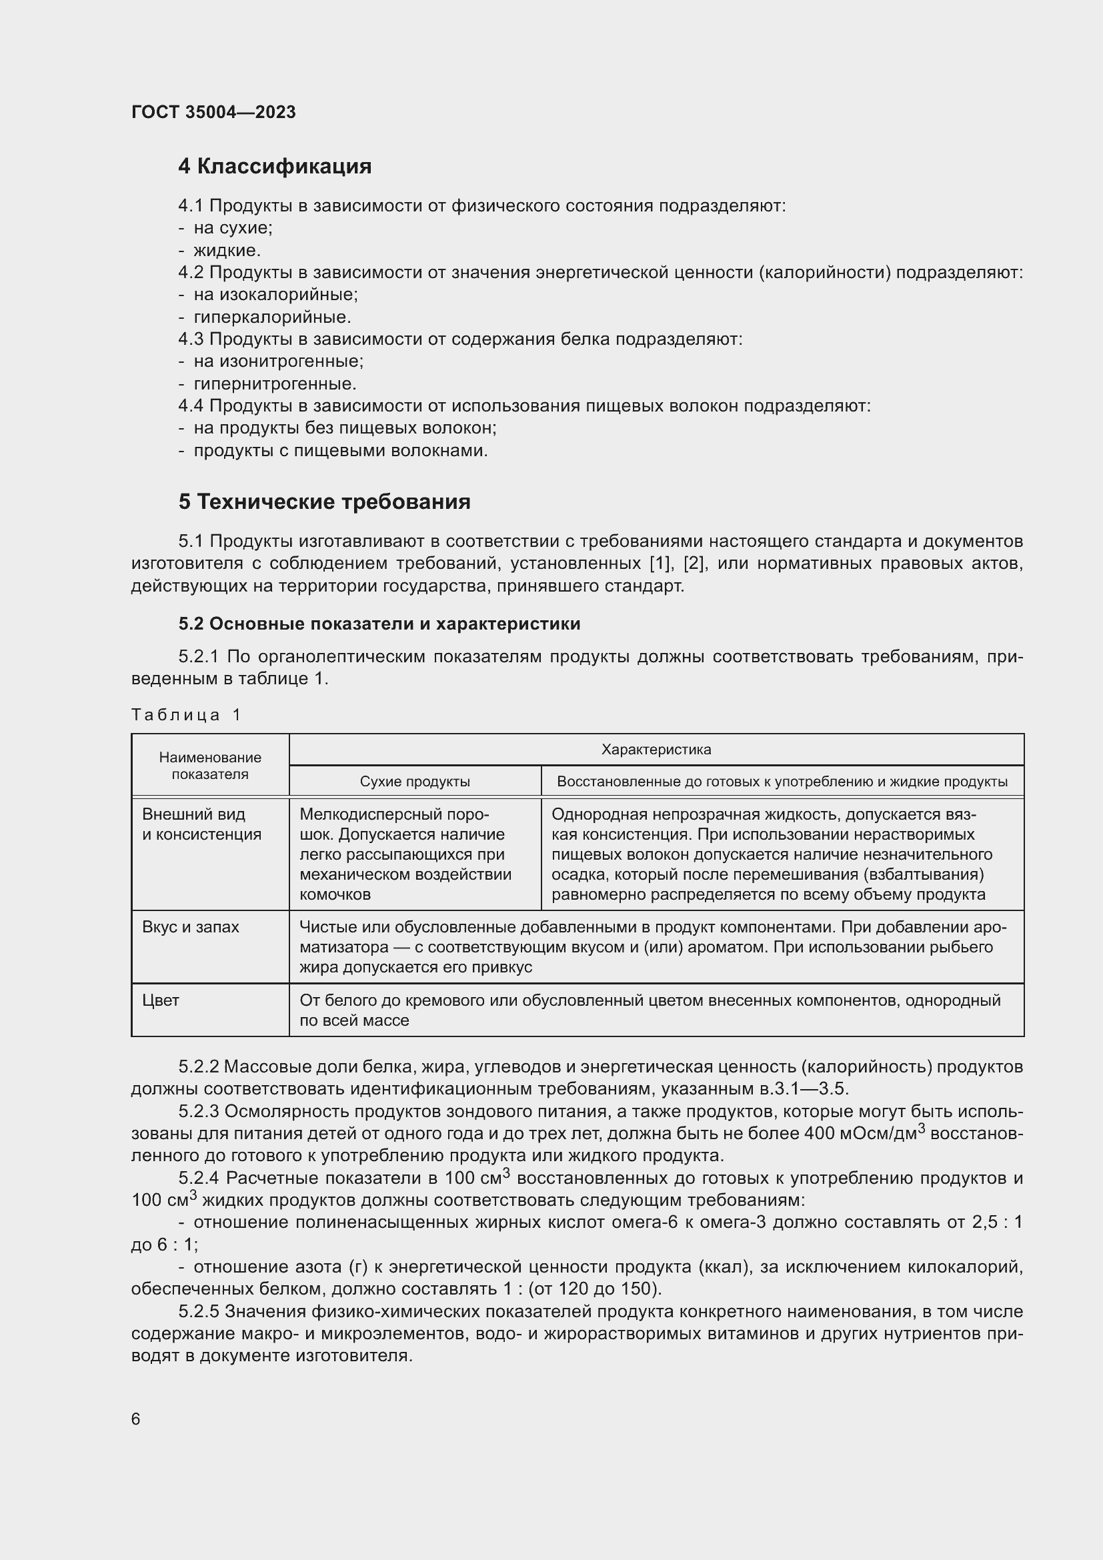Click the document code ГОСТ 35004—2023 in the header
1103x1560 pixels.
(x=213, y=112)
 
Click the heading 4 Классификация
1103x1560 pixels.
(x=274, y=167)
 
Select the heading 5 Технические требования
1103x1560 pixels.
(x=324, y=502)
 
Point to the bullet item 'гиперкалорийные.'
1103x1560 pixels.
(x=271, y=317)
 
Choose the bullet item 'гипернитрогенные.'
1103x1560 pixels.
(x=274, y=383)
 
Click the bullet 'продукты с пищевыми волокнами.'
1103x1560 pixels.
(x=340, y=450)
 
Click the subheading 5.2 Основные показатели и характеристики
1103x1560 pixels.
(x=379, y=623)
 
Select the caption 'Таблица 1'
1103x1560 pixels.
(x=186, y=714)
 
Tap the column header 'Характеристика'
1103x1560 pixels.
(x=656, y=750)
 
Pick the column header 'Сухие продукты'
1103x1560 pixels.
(x=414, y=782)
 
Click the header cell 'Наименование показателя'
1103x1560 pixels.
(x=210, y=765)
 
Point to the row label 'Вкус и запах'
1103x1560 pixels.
(x=190, y=927)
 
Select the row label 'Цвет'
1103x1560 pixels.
(x=160, y=1000)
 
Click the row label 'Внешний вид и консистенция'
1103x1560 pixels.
(x=201, y=824)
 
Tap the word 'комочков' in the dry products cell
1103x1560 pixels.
(x=335, y=894)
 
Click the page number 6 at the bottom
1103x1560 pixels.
(x=136, y=1419)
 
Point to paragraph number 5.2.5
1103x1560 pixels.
(x=198, y=1311)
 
